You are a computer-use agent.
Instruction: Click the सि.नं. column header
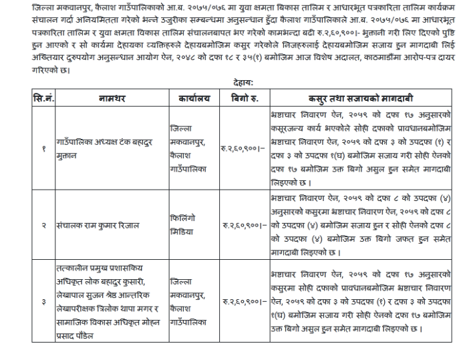point(42,99)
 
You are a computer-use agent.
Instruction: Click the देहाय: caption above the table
point(243,83)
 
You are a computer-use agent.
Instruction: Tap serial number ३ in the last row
point(42,301)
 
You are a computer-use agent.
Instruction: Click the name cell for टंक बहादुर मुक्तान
point(110,151)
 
